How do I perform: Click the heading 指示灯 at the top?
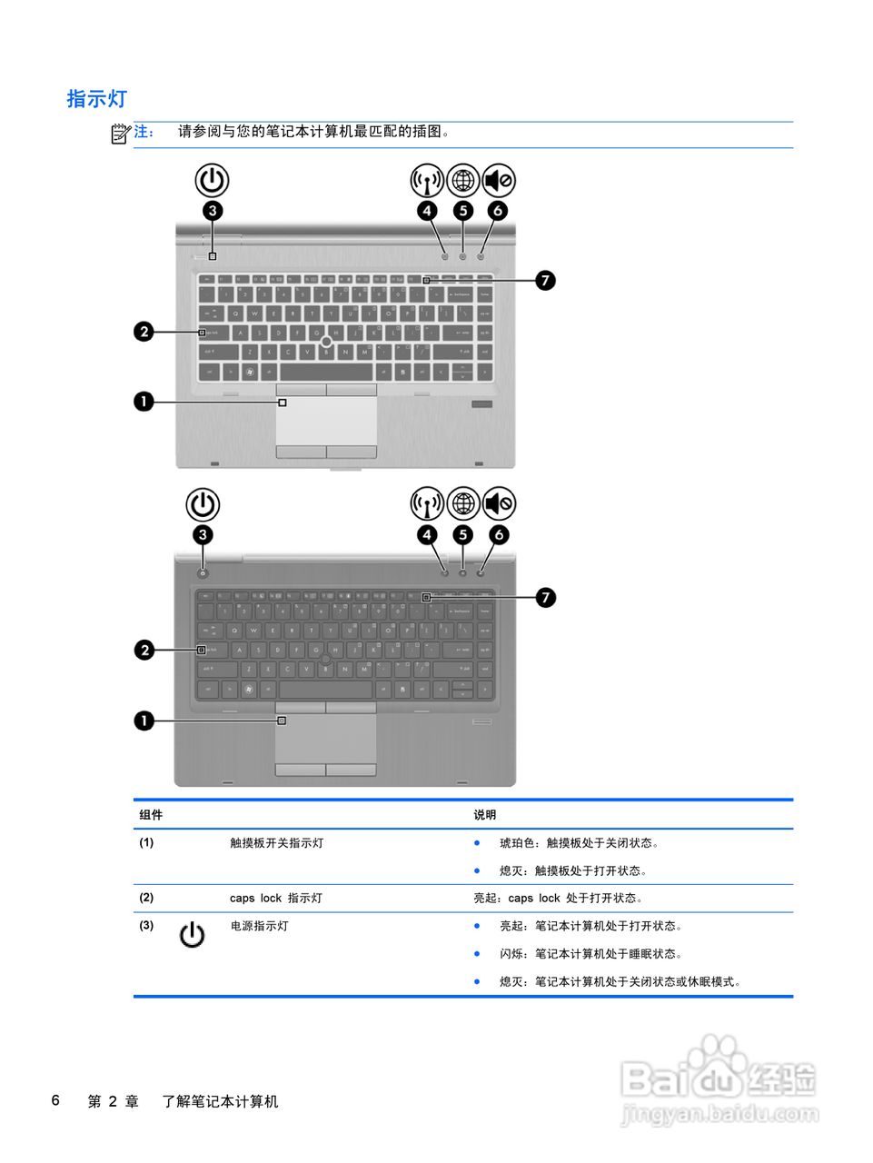pyautogui.click(x=96, y=99)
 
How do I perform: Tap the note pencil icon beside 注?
pyautogui.click(x=121, y=134)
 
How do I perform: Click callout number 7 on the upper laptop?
pyautogui.click(x=544, y=280)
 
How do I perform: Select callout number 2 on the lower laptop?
pyautogui.click(x=144, y=650)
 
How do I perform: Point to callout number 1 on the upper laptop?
pyautogui.click(x=144, y=402)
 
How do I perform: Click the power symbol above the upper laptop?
pyautogui.click(x=212, y=181)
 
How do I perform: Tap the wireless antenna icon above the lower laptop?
pyautogui.click(x=427, y=503)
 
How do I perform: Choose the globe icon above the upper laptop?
pyautogui.click(x=462, y=181)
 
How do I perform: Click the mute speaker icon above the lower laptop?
pyautogui.click(x=499, y=503)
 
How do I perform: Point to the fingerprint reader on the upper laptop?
pyautogui.click(x=481, y=404)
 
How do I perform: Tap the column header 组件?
pyautogui.click(x=151, y=815)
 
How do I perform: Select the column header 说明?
pyautogui.click(x=485, y=815)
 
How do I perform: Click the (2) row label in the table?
pyautogui.click(x=146, y=898)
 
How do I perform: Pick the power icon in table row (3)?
pyautogui.click(x=192, y=934)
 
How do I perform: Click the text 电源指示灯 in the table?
pyautogui.click(x=259, y=926)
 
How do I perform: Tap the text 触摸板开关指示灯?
pyautogui.click(x=276, y=843)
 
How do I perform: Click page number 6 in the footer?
pyautogui.click(x=55, y=1101)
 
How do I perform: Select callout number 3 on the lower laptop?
pyautogui.click(x=203, y=535)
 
